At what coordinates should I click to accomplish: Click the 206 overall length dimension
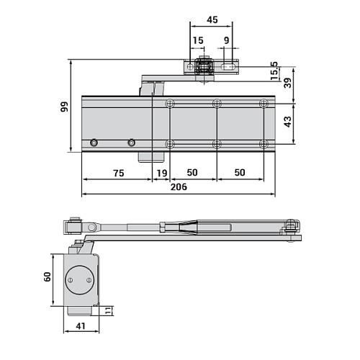[179, 186]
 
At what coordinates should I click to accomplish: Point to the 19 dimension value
[161, 173]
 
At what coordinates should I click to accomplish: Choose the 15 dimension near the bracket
[197, 41]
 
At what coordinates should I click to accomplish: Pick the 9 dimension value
[227, 41]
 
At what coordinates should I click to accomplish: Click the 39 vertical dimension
[288, 82]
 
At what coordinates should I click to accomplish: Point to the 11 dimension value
[109, 311]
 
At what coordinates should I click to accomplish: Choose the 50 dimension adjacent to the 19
[193, 173]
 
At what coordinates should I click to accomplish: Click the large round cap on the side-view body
[78, 280]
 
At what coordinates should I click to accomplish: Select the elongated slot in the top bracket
[230, 67]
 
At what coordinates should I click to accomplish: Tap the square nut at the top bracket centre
[204, 66]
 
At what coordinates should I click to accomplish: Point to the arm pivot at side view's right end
[290, 228]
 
